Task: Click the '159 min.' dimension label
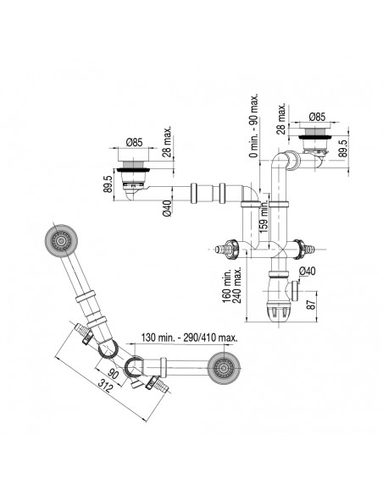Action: [x=264, y=217]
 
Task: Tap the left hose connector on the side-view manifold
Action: [x=225, y=250]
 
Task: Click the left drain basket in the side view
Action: [x=134, y=173]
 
